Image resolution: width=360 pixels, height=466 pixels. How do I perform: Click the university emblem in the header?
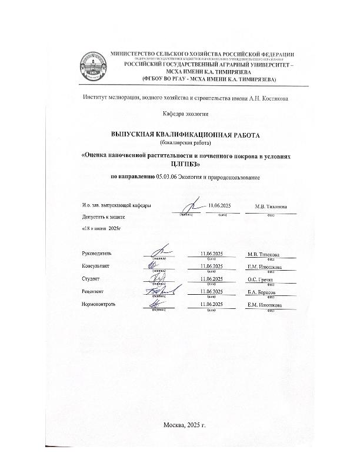pos(92,67)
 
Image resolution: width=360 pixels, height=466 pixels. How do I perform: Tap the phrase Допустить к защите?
pos(104,218)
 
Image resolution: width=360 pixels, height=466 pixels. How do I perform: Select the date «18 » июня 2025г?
pos(101,228)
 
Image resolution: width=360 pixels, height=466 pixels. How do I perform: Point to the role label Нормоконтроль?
pos(99,304)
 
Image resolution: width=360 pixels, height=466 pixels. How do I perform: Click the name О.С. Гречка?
pos(261,279)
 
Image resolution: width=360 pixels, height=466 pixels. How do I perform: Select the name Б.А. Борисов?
pos(262,292)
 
